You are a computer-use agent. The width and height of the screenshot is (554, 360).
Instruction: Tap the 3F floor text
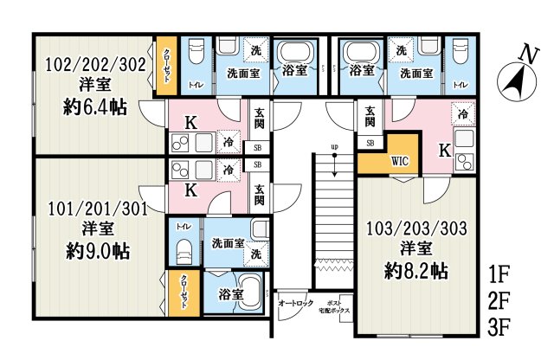[499, 330]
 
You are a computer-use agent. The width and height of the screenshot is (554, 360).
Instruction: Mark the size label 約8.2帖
[416, 271]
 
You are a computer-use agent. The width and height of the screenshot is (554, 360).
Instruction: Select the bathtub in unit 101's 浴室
[248, 293]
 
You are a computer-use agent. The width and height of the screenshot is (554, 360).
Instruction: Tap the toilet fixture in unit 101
[184, 252]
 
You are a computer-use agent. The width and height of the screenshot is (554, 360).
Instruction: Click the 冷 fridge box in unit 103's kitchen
[463, 113]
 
